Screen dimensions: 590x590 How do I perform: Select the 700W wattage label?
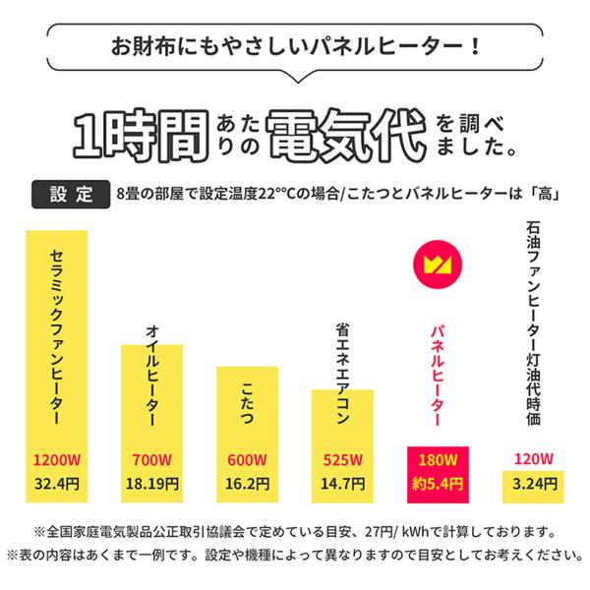[x=151, y=460]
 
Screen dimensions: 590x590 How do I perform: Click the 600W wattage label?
[x=247, y=460]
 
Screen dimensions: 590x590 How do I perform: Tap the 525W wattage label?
[x=343, y=460]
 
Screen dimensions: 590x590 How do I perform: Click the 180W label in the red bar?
[x=439, y=460]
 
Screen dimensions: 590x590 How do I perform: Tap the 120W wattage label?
[x=534, y=459]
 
